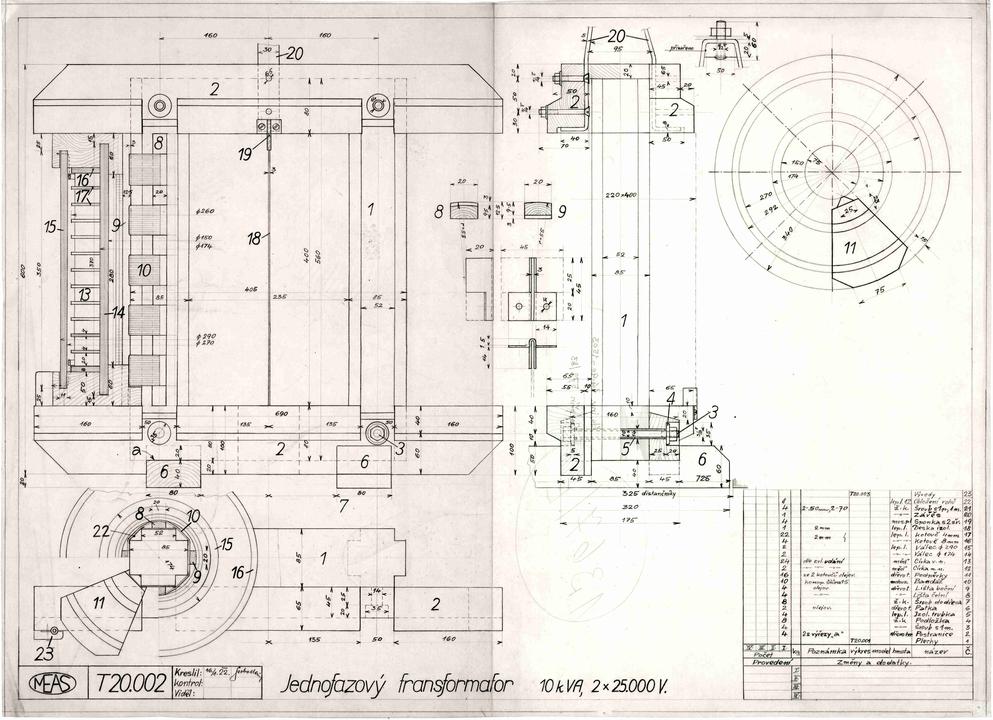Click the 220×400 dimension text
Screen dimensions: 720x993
pos(621,195)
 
